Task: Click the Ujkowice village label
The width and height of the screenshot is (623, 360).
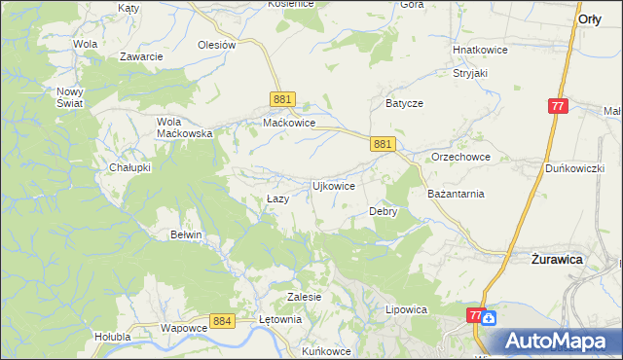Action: [x=332, y=185]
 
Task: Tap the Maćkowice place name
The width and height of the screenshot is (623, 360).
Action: [x=289, y=124]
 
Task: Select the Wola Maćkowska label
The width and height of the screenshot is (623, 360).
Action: [x=185, y=127]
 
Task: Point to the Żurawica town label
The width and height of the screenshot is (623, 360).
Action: [x=556, y=260]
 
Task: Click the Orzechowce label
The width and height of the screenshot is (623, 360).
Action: [x=460, y=157]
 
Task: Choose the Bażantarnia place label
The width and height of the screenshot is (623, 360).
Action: [x=456, y=194]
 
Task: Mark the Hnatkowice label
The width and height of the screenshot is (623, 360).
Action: [x=477, y=49]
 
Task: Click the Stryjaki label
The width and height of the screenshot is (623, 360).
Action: [x=469, y=72]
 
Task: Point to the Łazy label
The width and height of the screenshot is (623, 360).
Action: [x=277, y=198]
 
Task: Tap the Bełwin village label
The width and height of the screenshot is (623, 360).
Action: [x=186, y=234]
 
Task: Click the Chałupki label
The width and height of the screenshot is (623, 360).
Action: [x=129, y=167]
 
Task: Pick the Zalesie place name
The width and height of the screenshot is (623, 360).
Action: [x=305, y=296]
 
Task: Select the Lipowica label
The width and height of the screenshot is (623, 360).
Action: [x=407, y=309]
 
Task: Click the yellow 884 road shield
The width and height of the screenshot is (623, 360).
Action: [x=222, y=320]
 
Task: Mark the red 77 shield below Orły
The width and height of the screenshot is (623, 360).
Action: [x=558, y=106]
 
